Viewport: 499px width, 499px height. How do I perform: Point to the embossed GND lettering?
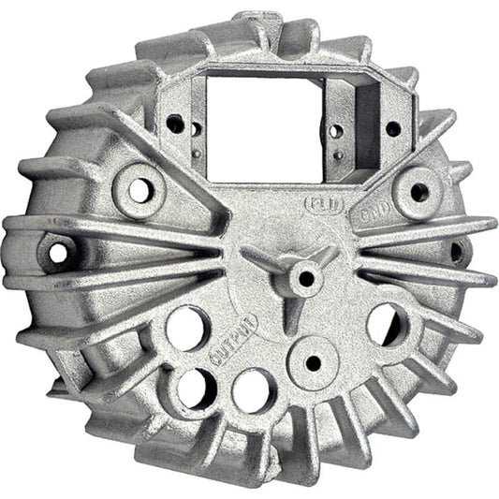(367, 213)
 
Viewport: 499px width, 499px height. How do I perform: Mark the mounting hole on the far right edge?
(456, 251)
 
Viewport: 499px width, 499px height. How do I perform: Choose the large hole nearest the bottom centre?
(254, 389)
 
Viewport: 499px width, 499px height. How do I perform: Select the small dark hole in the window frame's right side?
(393, 129)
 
